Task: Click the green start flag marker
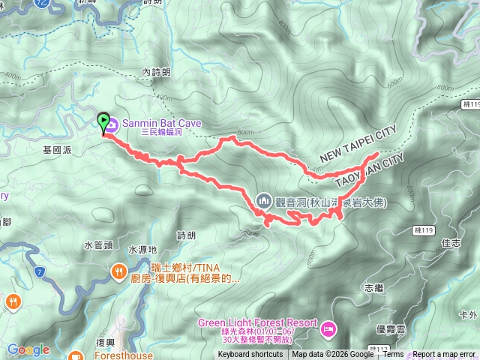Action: point(103,120)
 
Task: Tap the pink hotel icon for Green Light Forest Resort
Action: point(328,328)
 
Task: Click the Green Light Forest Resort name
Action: point(253,323)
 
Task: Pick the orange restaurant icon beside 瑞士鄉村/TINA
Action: point(118,271)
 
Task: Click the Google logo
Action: point(28,349)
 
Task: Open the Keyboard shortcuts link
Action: point(250,355)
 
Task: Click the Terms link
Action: point(393,355)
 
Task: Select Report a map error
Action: point(443,355)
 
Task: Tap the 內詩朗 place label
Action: point(156,72)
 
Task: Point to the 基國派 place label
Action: point(57,150)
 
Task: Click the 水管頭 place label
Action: point(98,244)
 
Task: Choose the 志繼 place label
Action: point(373,287)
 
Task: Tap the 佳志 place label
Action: point(451,242)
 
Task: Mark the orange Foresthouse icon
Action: point(75,355)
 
